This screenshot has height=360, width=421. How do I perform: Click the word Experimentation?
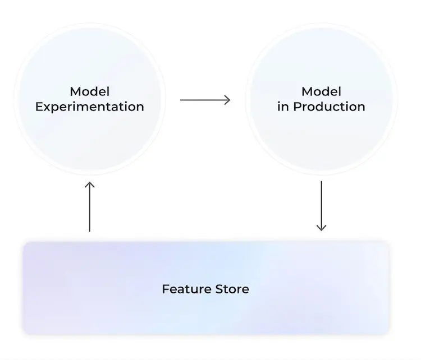point(90,107)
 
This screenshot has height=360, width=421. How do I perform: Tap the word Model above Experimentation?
point(90,91)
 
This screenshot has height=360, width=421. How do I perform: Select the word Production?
point(329,107)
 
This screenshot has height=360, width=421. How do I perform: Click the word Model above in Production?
point(322,91)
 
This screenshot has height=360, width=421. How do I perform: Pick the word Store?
point(228,289)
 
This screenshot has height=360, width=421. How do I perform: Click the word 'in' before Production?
point(283,107)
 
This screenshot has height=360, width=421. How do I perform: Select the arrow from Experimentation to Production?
point(205,100)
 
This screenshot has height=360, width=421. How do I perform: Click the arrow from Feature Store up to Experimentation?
point(90,206)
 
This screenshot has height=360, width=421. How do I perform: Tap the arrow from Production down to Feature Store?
point(322,206)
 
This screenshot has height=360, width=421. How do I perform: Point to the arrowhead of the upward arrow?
point(90,184)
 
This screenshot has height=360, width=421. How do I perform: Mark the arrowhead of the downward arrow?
point(322,228)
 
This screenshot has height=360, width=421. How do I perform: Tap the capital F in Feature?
point(166,289)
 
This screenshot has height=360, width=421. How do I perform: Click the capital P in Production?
point(297,107)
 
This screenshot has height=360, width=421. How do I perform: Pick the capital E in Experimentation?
point(39,107)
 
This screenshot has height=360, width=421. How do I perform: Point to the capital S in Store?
point(212,289)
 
